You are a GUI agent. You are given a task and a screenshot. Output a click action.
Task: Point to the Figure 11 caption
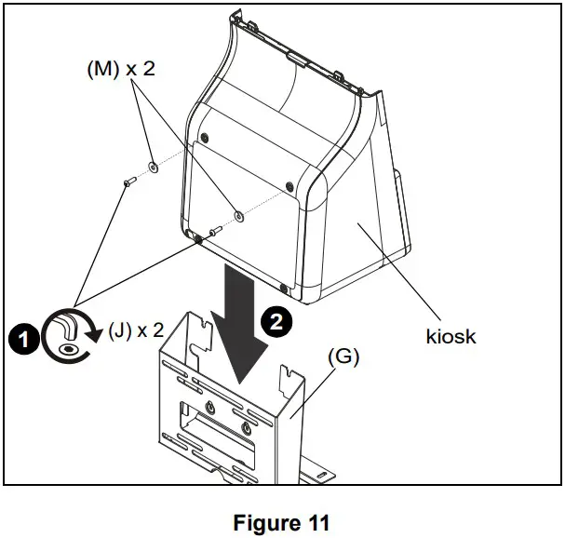click(x=282, y=523)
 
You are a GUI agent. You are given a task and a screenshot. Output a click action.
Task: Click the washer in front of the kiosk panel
click(x=238, y=216)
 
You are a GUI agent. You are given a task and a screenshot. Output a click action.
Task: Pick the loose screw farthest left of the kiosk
click(x=128, y=186)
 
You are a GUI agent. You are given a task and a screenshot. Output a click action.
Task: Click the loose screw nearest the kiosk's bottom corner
click(x=213, y=230)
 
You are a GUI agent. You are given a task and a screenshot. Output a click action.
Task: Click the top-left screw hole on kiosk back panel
click(x=204, y=138)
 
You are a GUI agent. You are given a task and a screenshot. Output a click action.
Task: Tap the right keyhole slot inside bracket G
click(x=246, y=426)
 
